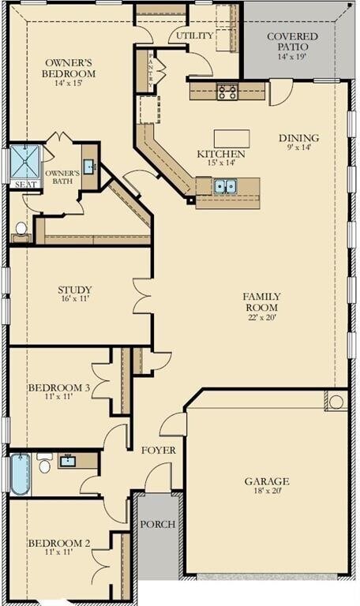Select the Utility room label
pyautogui.click(x=194, y=36)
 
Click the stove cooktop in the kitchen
pyautogui.click(x=227, y=92)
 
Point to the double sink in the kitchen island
pyautogui.click(x=224, y=186)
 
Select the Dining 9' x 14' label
pyautogui.click(x=299, y=143)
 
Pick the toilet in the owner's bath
pyautogui.click(x=21, y=229)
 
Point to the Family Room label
pyautogui.click(x=261, y=302)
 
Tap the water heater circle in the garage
pyautogui.click(x=336, y=402)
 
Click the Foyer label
pyautogui.click(x=158, y=450)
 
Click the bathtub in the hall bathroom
pyautogui.click(x=20, y=473)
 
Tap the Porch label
pyautogui.click(x=157, y=524)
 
